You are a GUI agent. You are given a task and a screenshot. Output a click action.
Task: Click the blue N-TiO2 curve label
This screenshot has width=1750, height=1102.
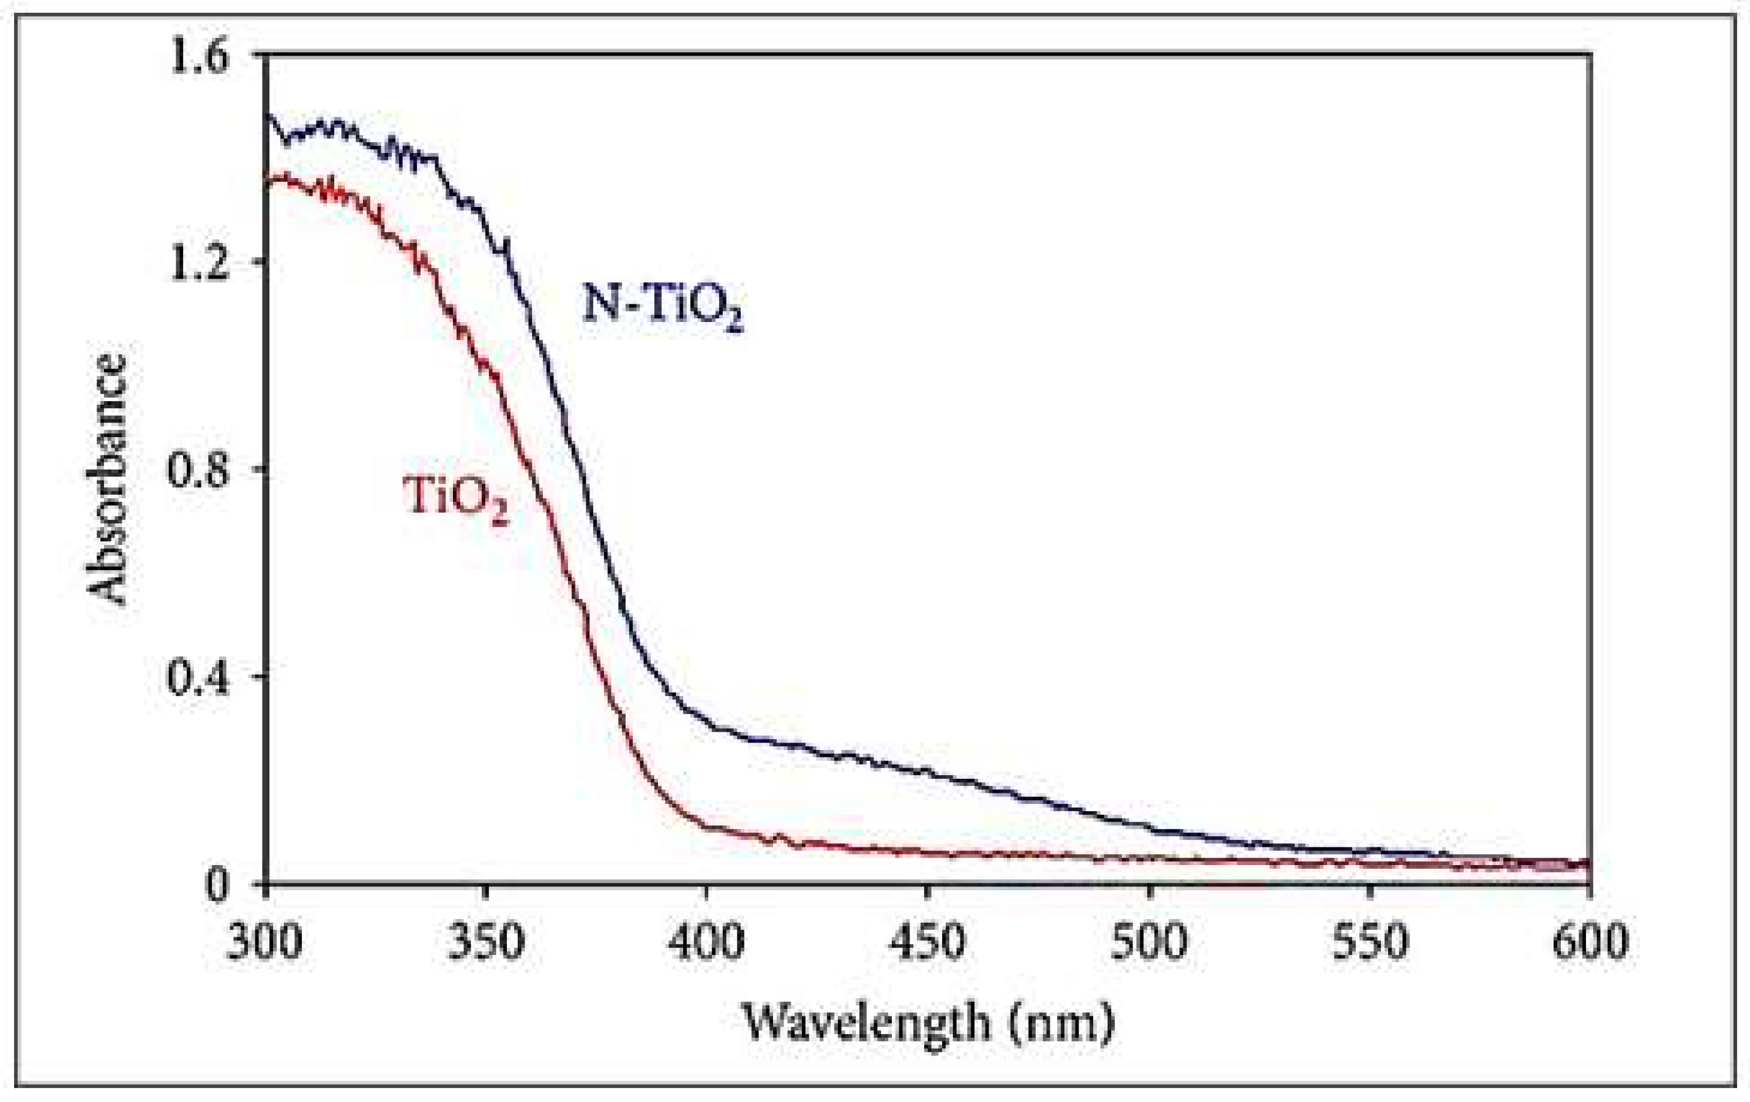point(662,307)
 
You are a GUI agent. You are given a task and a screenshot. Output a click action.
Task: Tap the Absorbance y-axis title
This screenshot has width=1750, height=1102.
point(107,480)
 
